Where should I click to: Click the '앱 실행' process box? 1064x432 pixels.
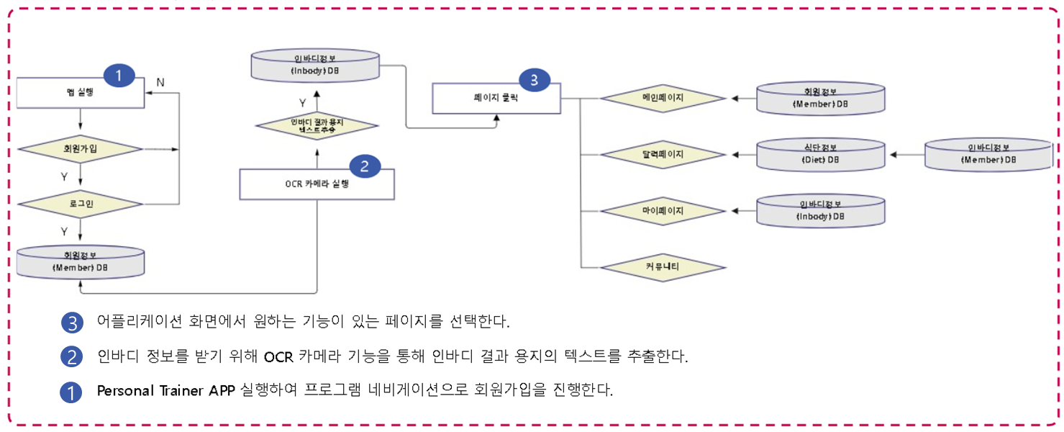coord(81,92)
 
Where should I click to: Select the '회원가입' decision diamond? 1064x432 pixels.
coord(81,149)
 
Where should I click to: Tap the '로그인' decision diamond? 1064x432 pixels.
coord(81,204)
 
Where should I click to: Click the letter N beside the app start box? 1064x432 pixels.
coord(160,82)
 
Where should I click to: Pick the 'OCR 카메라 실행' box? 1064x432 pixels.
coord(317,184)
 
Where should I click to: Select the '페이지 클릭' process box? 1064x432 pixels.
coord(496,99)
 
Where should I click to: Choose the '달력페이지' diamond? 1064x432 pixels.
coord(663,154)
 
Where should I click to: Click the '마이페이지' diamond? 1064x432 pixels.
coord(663,212)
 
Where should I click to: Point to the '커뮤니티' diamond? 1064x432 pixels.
coord(663,267)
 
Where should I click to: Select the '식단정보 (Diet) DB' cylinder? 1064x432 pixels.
coord(820,155)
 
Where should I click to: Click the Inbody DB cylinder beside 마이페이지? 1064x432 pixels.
coord(820,211)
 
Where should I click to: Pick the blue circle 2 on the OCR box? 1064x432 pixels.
coord(365,166)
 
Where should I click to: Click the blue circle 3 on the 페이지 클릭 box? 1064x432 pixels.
coord(534,80)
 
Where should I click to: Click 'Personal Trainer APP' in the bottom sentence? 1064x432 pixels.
coord(166,391)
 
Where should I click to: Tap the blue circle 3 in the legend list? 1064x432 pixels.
coord(72,323)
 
